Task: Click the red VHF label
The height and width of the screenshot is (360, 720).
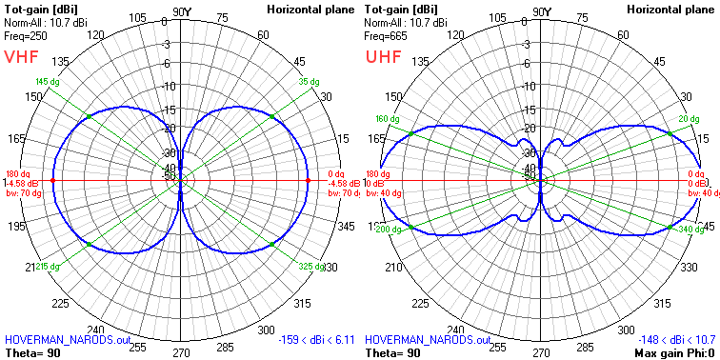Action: coord(21,56)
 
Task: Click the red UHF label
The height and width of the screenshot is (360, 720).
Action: coord(383,56)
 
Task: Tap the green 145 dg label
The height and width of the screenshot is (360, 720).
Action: coord(46,82)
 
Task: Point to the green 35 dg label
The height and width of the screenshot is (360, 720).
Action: coord(310,82)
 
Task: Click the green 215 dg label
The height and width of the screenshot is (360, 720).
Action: coord(47,268)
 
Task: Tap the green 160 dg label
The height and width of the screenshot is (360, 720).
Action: coord(386,119)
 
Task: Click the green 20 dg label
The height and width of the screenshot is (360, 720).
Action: coord(689,119)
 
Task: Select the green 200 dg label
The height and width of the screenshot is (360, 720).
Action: coord(388,230)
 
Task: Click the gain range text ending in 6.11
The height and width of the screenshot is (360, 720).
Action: coord(316,339)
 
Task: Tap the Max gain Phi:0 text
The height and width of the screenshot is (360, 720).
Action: coord(671,352)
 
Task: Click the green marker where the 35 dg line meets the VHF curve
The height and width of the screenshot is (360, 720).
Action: coord(272,116)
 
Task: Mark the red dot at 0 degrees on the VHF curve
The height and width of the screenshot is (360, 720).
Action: coord(309,180)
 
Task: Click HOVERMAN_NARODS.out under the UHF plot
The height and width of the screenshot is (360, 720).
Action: coord(428,339)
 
